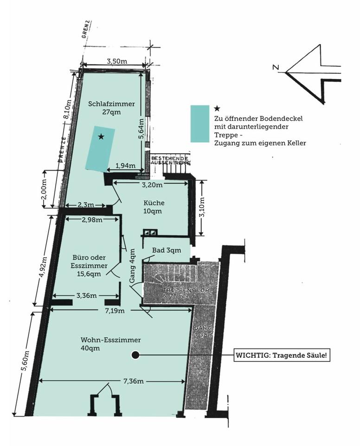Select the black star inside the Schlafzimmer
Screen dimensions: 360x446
[x=101, y=137]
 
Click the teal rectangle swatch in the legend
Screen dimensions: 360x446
[x=200, y=123]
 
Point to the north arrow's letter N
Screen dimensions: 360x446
[x=276, y=68]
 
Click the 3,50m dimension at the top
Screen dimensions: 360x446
[x=117, y=61]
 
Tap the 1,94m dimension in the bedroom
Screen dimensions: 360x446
[x=125, y=166]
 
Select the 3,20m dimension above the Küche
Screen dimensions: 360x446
[x=152, y=184]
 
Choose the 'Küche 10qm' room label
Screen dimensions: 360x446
[x=154, y=207]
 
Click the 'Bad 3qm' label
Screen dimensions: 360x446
[x=167, y=250]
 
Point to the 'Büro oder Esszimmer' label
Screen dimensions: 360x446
[x=90, y=265]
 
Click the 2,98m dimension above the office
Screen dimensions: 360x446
[x=92, y=220]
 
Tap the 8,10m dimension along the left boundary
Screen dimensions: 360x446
[x=67, y=111]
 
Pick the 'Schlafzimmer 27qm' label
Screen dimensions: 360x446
[x=111, y=108]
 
